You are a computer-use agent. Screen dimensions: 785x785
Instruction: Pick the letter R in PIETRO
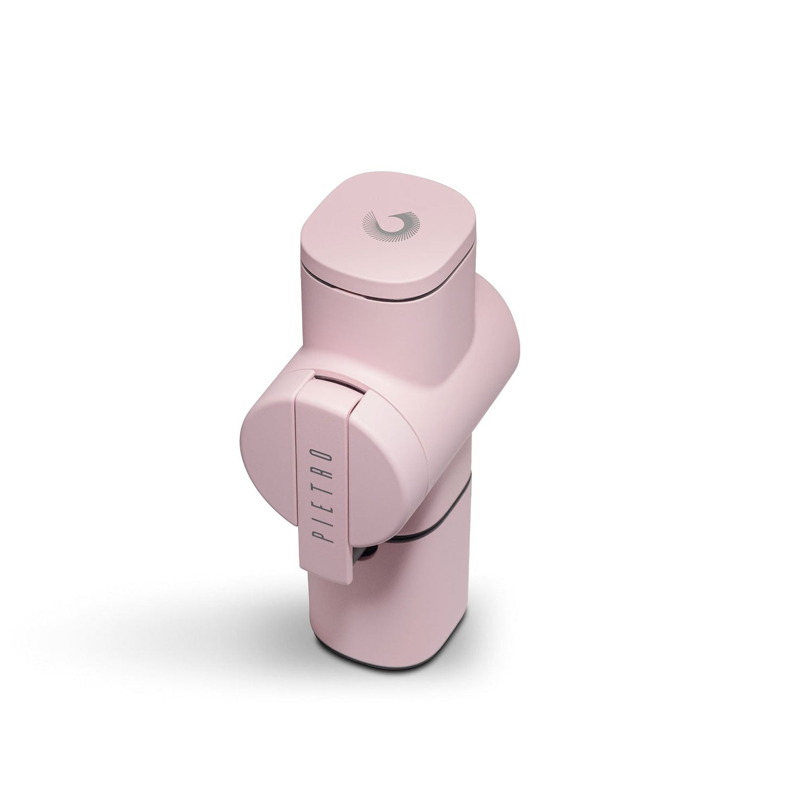[x=322, y=473]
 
